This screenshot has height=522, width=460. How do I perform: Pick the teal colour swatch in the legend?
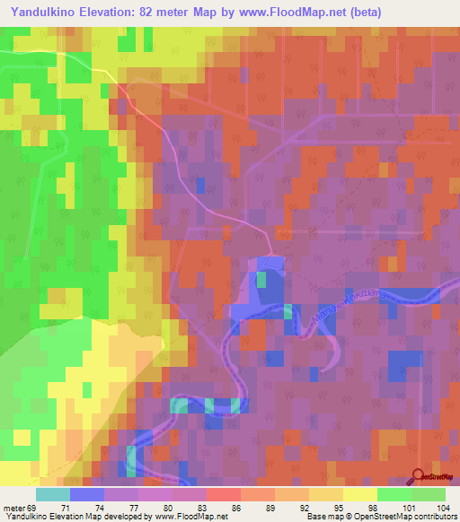(53, 494)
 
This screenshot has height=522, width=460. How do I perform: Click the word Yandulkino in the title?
(42, 13)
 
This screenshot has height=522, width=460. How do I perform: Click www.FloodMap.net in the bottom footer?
(191, 517)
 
